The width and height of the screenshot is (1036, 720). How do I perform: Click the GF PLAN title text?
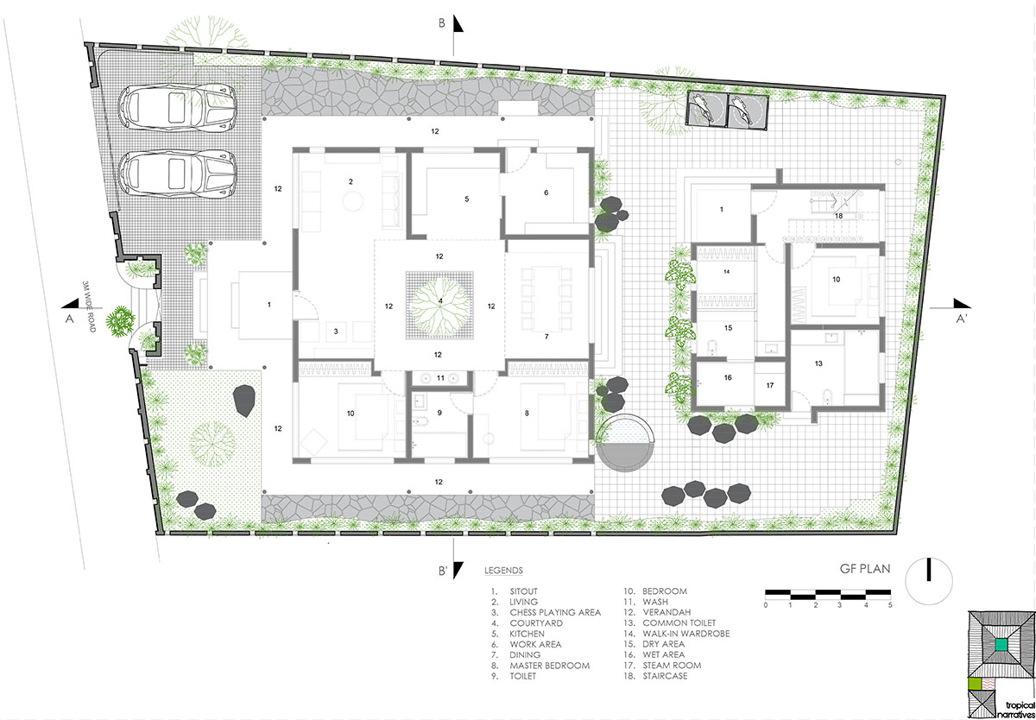click(x=865, y=569)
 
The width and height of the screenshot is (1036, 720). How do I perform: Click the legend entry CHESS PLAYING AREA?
click(x=555, y=613)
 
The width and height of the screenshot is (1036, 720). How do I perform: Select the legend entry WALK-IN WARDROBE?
click(x=686, y=634)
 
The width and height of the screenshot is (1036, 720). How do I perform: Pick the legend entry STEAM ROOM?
click(x=672, y=666)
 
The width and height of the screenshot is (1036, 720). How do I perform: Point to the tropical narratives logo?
click(x=1001, y=665)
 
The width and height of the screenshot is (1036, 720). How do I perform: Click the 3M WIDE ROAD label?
click(x=89, y=306)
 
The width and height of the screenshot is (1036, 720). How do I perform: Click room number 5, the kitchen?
click(x=467, y=199)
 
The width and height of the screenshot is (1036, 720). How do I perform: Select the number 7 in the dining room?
click(x=546, y=337)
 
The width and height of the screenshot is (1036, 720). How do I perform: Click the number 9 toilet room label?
click(x=439, y=413)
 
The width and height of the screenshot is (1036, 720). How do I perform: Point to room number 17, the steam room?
click(x=770, y=385)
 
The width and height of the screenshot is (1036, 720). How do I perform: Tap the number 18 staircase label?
click(x=838, y=216)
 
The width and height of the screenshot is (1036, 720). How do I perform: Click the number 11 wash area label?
click(x=440, y=378)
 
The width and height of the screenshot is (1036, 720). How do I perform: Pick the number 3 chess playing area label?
click(x=336, y=332)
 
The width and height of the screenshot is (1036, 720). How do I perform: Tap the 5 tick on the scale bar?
click(x=890, y=605)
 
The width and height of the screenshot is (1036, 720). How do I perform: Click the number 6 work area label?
click(x=546, y=193)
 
